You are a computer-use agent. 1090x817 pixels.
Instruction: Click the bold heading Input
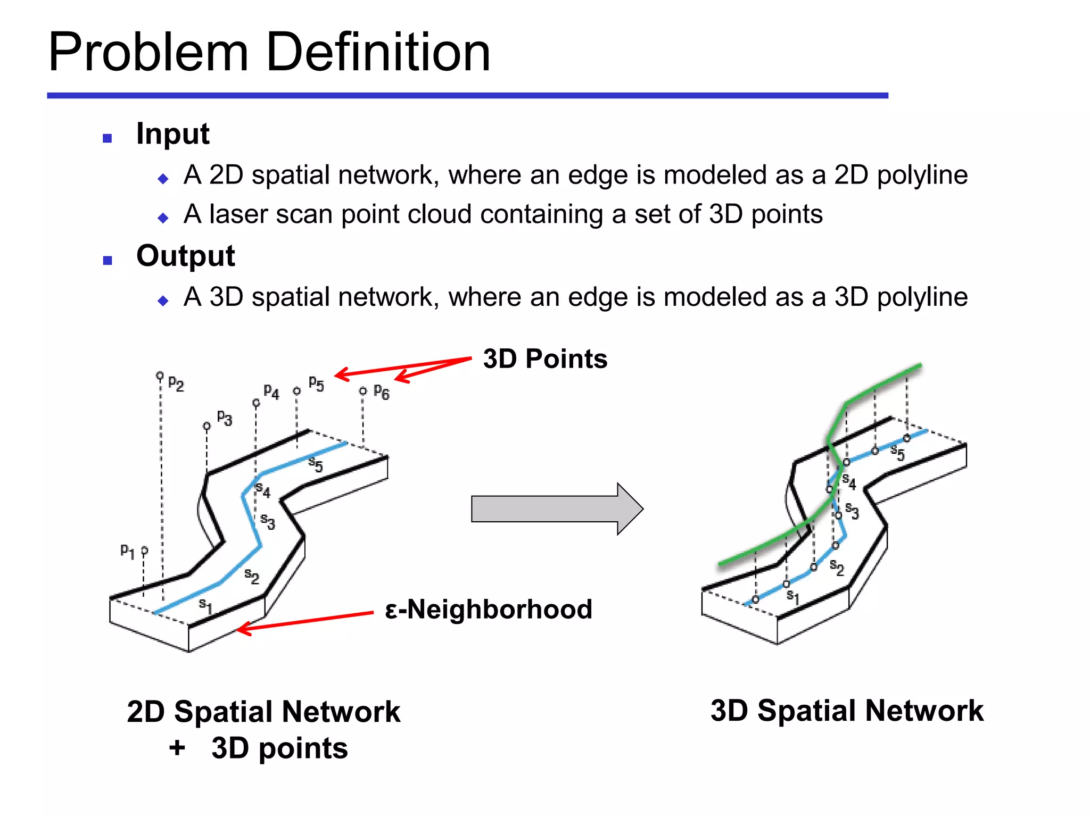(172, 134)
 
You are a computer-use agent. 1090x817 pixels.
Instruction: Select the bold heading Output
(185, 256)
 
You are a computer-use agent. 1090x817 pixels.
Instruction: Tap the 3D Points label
(545, 359)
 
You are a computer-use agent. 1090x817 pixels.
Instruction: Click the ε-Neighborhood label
(488, 610)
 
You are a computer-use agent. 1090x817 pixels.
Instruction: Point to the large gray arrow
(556, 509)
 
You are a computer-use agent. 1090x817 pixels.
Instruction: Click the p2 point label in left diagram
(176, 384)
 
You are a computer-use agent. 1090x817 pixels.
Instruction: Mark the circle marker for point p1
(144, 551)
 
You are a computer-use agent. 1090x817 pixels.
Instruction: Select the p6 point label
(382, 393)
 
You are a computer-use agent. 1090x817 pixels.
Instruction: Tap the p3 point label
(225, 418)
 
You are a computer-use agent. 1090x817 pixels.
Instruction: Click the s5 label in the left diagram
(316, 465)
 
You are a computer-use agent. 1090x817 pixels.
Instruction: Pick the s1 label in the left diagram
(205, 605)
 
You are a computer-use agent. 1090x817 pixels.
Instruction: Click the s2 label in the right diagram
(837, 568)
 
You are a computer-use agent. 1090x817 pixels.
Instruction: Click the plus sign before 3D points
(177, 748)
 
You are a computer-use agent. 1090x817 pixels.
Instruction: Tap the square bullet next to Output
(108, 261)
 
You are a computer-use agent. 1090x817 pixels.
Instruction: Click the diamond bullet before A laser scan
(163, 218)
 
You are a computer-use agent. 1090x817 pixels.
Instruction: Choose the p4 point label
(271, 393)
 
